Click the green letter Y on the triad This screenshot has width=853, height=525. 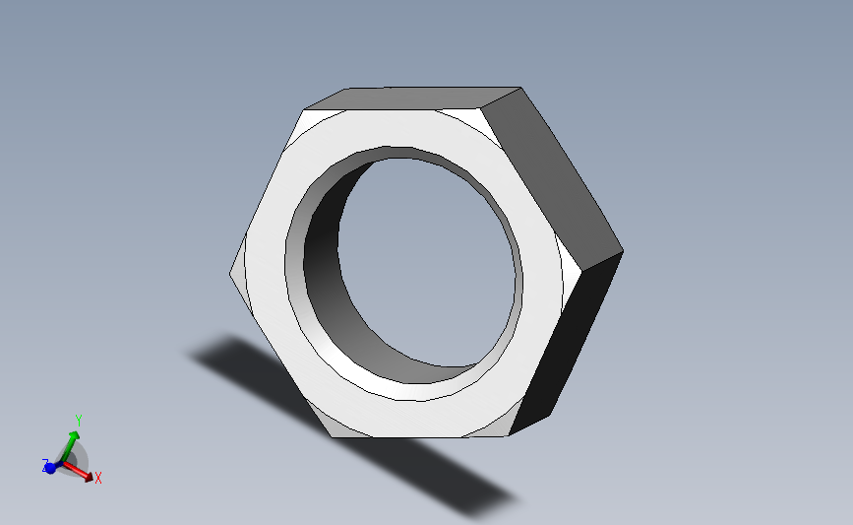(x=79, y=421)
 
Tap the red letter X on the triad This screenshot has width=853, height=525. (x=98, y=478)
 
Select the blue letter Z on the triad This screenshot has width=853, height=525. (x=45, y=465)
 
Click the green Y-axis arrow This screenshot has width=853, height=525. (x=70, y=446)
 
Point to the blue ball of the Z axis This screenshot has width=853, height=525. (x=50, y=468)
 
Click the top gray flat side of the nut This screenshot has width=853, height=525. (x=413, y=98)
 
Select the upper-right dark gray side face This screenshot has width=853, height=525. (x=552, y=174)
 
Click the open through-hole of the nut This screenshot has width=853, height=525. (x=427, y=261)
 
